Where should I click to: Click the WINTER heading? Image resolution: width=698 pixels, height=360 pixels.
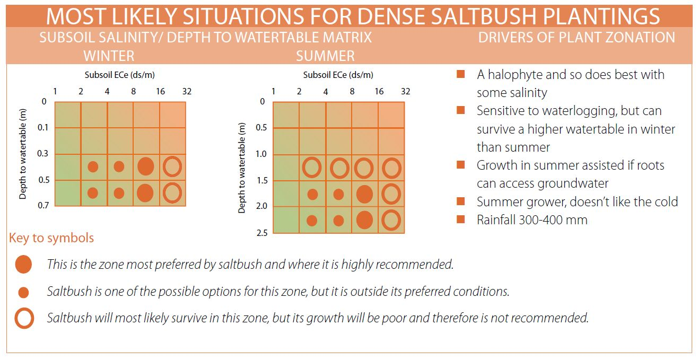[109, 55]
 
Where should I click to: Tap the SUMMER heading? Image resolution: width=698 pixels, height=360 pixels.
[325, 55]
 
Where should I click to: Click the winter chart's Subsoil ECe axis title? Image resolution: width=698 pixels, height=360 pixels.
[120, 75]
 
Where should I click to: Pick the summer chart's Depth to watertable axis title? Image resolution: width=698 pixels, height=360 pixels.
[242, 168]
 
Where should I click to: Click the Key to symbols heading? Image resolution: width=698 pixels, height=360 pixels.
[51, 238]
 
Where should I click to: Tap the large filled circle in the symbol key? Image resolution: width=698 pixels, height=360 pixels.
[23, 264]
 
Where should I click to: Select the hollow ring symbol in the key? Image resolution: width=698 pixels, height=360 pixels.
[23, 319]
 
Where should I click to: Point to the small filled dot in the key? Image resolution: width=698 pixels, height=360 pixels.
[23, 292]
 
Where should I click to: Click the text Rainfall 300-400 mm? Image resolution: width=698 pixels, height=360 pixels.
[532, 220]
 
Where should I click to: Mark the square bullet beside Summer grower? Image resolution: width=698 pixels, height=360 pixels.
[460, 201]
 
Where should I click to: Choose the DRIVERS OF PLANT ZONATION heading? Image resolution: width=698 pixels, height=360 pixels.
[577, 38]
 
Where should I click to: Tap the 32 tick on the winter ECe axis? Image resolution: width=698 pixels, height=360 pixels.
[187, 91]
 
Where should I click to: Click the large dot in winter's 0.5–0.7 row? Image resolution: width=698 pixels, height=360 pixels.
[145, 192]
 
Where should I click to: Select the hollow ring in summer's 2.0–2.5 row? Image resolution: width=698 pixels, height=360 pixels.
[391, 220]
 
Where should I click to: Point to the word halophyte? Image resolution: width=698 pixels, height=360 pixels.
[513, 75]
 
